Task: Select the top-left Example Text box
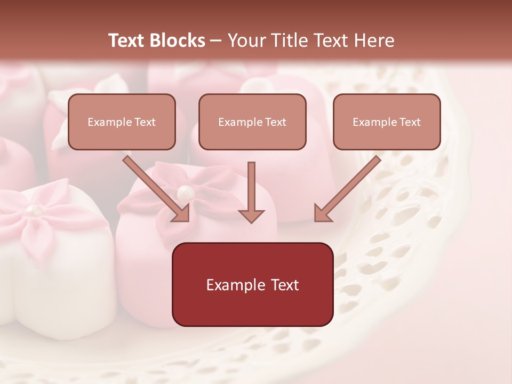pos(122,122)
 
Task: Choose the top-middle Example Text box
pos(252,122)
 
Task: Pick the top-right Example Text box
pos(387,122)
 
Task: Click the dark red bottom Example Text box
pos(252,285)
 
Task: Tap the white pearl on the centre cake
pos(185,191)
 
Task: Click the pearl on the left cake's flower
pos(36,210)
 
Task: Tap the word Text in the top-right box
pos(410,122)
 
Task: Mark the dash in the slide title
pos(216,41)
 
